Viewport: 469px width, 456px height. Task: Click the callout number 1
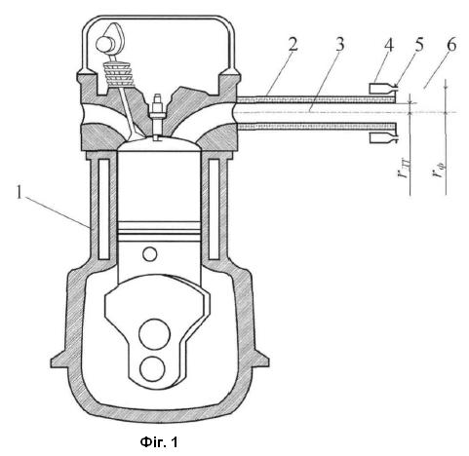(19, 194)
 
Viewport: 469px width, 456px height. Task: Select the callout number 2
(293, 44)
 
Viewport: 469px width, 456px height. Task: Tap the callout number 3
(339, 44)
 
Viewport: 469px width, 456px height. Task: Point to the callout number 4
(388, 45)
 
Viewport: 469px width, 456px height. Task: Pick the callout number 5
(419, 44)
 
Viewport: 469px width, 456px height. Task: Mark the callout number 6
(451, 44)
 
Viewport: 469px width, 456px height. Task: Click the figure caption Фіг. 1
(159, 442)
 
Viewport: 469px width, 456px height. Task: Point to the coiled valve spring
(119, 74)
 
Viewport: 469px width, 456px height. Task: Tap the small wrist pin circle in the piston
(149, 254)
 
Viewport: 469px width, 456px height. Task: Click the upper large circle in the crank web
(155, 334)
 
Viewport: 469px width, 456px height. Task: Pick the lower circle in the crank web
(152, 369)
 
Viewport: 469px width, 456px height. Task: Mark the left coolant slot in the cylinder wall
(103, 209)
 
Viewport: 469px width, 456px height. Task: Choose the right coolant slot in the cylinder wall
(214, 209)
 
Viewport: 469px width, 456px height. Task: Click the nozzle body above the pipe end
(383, 88)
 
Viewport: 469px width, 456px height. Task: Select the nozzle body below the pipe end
(383, 138)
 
